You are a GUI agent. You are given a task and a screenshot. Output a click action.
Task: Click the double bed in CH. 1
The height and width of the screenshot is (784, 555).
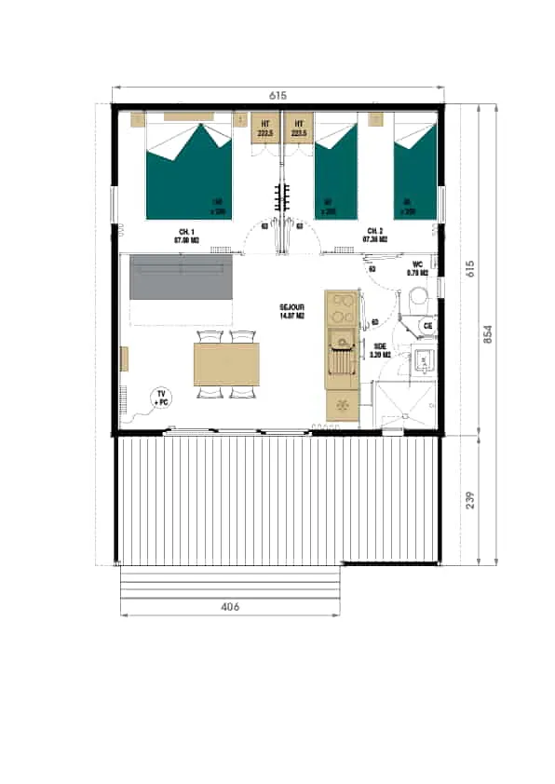(x=190, y=172)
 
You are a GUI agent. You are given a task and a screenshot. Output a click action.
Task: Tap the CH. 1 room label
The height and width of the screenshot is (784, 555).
(x=187, y=235)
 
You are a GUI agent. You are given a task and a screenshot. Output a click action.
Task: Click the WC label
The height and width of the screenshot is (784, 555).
(x=416, y=270)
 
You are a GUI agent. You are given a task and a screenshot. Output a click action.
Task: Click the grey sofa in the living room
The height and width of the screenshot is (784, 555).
(x=180, y=277)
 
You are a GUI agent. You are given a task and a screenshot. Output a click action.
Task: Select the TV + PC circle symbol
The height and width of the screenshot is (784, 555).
(x=162, y=399)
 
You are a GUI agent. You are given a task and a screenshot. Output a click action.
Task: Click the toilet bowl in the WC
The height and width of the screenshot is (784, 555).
(x=417, y=299)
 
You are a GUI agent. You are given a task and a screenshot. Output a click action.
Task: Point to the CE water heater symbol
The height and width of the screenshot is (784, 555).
(x=427, y=326)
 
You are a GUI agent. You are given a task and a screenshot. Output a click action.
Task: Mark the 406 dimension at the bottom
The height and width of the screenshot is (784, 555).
(x=230, y=607)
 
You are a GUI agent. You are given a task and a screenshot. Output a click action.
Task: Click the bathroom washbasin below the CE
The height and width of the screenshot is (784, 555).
(x=425, y=359)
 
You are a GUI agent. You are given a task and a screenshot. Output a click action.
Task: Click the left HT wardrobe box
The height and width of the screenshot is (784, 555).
(x=265, y=128)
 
